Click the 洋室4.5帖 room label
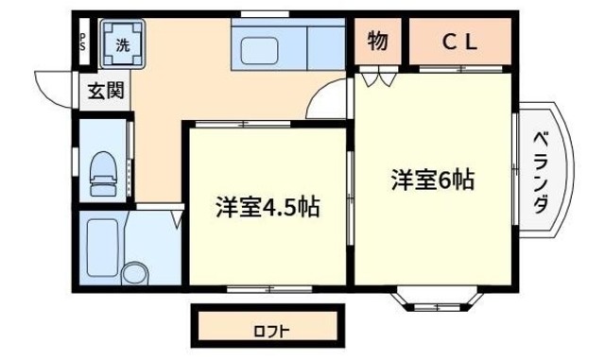pos(266,207)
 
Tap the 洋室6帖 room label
pos(432,180)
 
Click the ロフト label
pos(270,332)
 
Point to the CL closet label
pos(461,42)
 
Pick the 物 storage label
pos(377,42)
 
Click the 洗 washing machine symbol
pos(123,43)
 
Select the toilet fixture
pos(100,173)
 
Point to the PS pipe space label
pos(82,43)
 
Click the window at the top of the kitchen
pos(253,14)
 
